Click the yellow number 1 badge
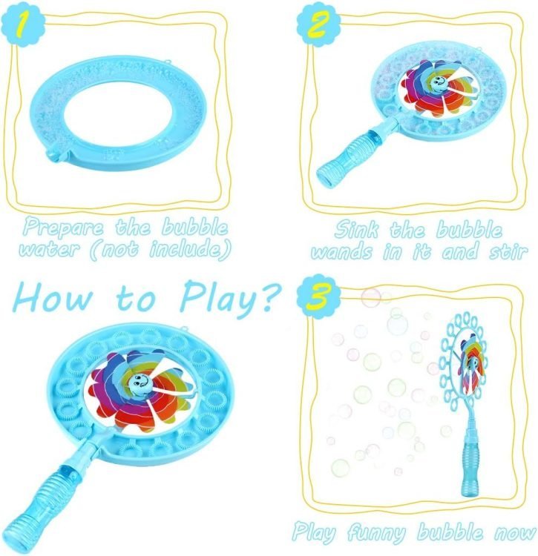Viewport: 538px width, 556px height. (x=23, y=24)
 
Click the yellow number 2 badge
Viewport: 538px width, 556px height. (x=318, y=25)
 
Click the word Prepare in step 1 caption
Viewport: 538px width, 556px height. (x=65, y=228)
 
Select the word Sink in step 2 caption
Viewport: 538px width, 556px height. (x=356, y=230)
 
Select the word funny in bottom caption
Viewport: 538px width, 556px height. (x=375, y=532)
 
